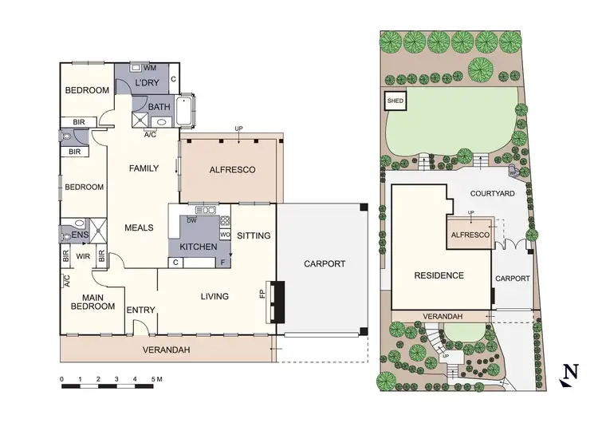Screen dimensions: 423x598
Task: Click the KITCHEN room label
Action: tap(198, 247)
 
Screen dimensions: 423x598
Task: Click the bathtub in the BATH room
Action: tap(187, 113)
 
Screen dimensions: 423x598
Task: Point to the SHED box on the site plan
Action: tap(395, 101)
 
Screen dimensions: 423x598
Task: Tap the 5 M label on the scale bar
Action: tap(157, 378)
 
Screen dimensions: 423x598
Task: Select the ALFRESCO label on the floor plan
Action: tap(231, 170)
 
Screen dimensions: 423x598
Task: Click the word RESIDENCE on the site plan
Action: tap(439, 275)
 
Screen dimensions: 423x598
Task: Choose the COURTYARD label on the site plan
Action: tap(491, 193)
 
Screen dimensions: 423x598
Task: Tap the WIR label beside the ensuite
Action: tap(82, 256)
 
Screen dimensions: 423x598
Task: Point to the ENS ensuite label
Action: tap(80, 235)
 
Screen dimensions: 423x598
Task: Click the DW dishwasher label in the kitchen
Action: tap(191, 220)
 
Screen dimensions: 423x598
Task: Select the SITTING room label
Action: tap(254, 235)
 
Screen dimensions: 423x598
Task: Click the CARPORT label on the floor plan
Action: tap(325, 263)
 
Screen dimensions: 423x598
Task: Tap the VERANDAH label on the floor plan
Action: tap(166, 350)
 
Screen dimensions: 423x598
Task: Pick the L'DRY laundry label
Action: tap(147, 84)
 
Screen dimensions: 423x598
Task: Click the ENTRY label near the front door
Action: tap(140, 310)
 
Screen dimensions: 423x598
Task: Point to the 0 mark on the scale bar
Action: tap(61, 378)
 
